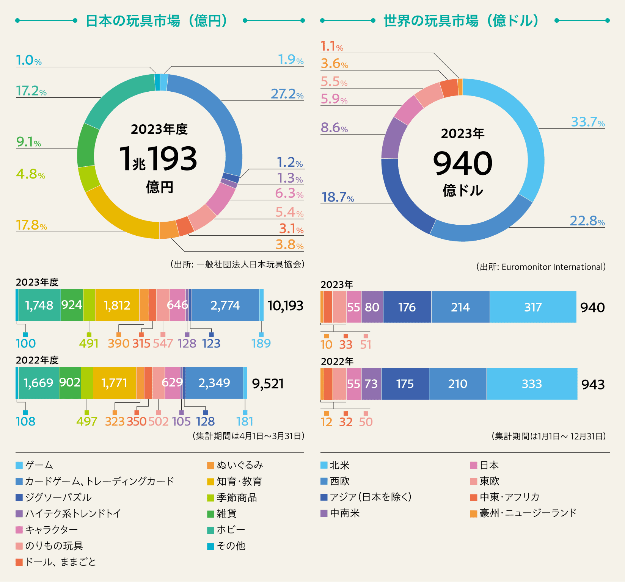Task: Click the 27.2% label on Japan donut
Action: [x=287, y=94]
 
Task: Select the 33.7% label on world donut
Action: [x=587, y=122]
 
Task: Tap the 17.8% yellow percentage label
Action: [x=31, y=225]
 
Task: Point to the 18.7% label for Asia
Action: [x=338, y=197]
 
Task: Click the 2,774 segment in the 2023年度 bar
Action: [x=225, y=305]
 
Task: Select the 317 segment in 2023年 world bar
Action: [x=533, y=307]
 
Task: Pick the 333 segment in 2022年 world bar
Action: [x=532, y=384]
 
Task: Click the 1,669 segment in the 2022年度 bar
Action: [x=38, y=383]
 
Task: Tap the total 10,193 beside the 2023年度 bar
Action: [x=285, y=305]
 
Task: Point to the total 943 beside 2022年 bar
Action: [x=593, y=384]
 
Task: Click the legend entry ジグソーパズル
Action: [x=58, y=498]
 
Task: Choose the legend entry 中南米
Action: [x=344, y=513]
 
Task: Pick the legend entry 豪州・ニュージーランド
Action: [x=528, y=513]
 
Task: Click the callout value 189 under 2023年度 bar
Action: [x=261, y=343]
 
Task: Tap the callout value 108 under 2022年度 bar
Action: [x=25, y=421]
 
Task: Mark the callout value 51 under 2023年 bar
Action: [x=366, y=344]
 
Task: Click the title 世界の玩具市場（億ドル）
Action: [x=461, y=21]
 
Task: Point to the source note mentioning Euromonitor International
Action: [x=541, y=267]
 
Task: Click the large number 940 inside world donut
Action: [x=463, y=164]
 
